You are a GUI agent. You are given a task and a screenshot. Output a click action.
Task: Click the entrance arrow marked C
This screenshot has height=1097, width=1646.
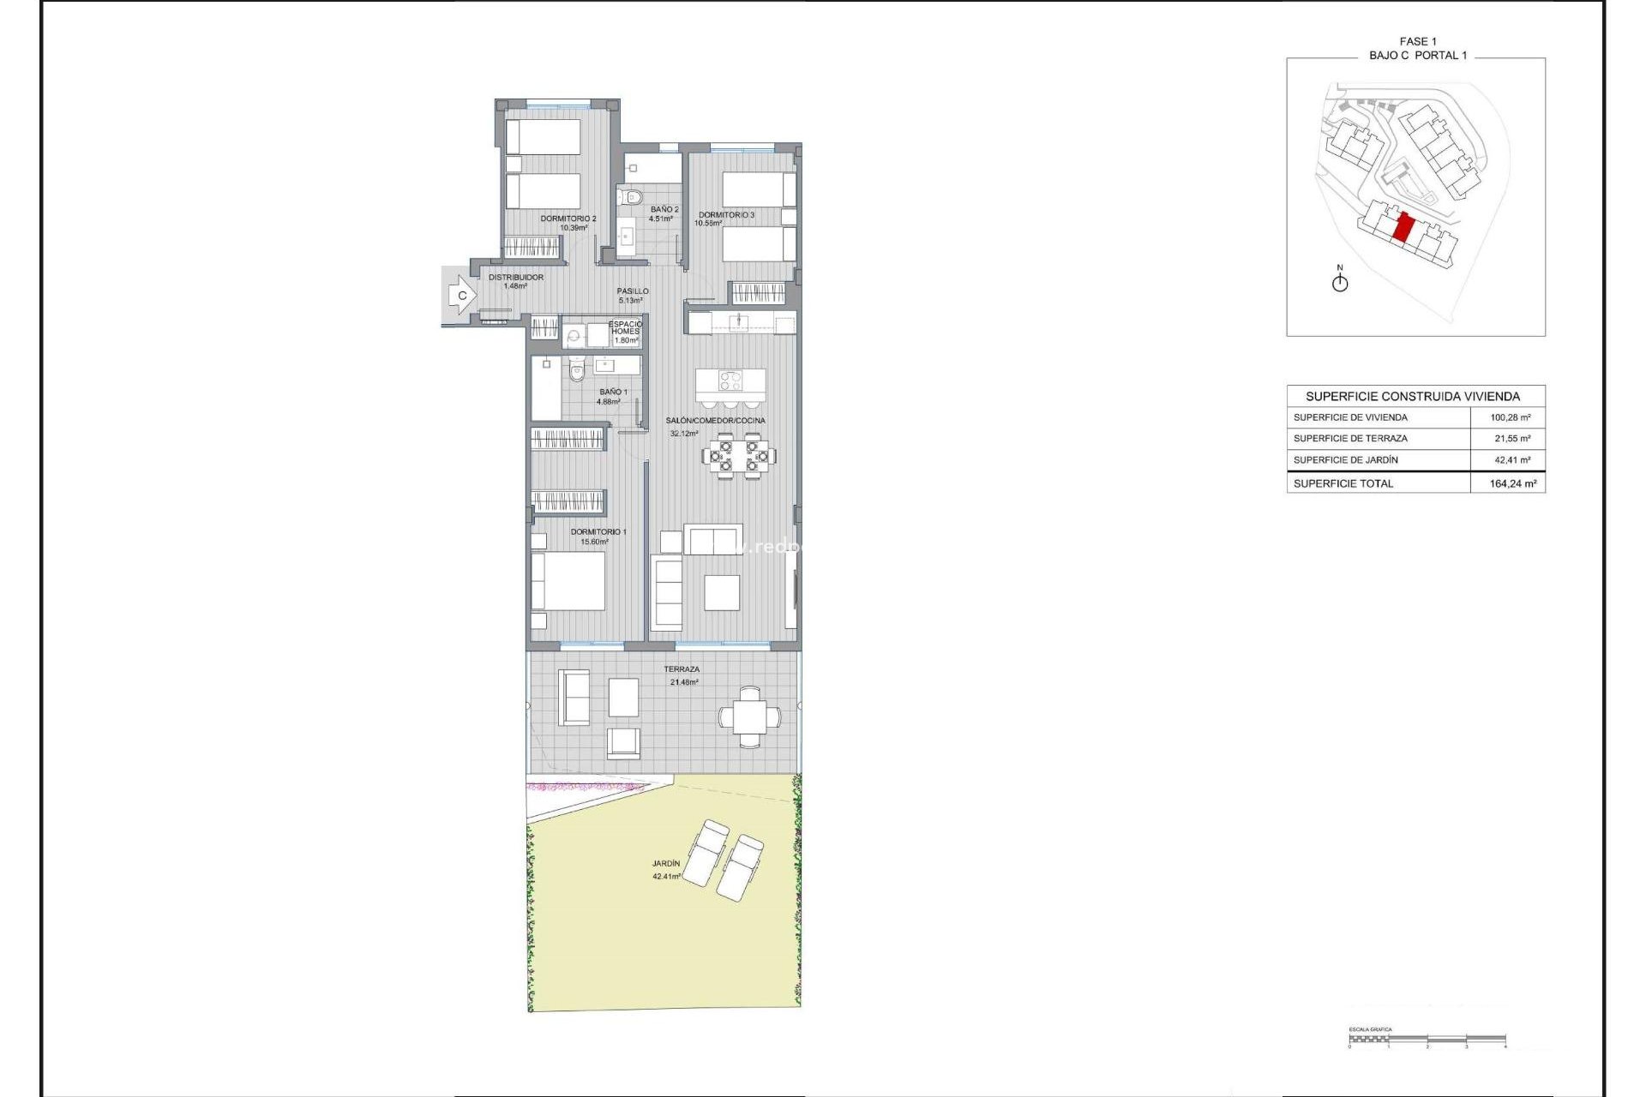pyautogui.click(x=461, y=296)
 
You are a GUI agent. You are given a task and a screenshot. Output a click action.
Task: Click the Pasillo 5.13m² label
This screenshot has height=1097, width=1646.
pyautogui.click(x=633, y=296)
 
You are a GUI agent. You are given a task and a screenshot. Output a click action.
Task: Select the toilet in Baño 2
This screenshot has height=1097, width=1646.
pyautogui.click(x=633, y=197)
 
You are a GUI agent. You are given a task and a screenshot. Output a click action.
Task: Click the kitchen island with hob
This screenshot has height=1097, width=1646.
pyautogui.click(x=730, y=380)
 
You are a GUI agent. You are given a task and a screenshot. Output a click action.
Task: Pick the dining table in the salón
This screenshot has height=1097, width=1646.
pyautogui.click(x=739, y=455)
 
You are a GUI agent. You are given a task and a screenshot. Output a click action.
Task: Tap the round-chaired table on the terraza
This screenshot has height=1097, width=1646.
pyautogui.click(x=749, y=716)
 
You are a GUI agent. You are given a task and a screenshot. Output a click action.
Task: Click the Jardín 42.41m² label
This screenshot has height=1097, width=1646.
pyautogui.click(x=666, y=870)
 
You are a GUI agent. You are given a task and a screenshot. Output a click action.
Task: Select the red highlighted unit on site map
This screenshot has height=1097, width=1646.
pyautogui.click(x=1403, y=229)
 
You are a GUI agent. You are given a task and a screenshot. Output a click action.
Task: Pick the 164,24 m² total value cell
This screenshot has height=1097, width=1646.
pyautogui.click(x=1513, y=483)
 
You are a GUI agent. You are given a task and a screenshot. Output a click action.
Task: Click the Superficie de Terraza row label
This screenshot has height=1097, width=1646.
pyautogui.click(x=1350, y=438)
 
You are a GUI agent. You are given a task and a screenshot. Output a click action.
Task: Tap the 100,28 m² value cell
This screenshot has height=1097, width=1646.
pyautogui.click(x=1511, y=417)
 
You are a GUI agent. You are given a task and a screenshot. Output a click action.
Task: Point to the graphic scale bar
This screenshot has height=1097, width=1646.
pyautogui.click(x=1427, y=1040)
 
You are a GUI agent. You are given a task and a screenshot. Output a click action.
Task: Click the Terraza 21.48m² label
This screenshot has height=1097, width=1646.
pyautogui.click(x=682, y=675)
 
